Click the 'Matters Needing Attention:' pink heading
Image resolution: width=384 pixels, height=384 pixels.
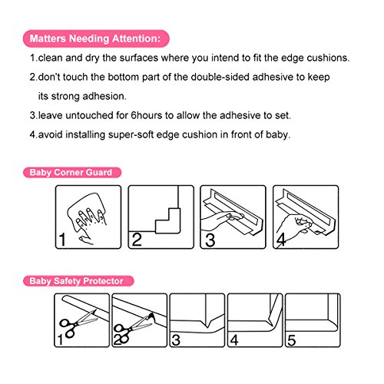click(x=96, y=38)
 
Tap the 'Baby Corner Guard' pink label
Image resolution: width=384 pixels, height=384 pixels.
click(x=72, y=172)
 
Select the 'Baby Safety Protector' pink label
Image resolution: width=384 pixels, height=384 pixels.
click(x=78, y=281)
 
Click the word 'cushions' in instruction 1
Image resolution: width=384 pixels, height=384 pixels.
click(x=327, y=58)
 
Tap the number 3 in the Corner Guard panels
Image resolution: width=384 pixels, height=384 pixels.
click(x=210, y=240)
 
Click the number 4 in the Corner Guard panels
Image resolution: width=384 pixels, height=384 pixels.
click(x=281, y=240)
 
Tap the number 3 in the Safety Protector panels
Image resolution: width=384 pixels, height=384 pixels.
click(x=176, y=340)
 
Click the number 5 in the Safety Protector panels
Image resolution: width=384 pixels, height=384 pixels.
click(x=292, y=340)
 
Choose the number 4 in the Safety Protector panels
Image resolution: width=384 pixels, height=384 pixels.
click(x=234, y=340)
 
